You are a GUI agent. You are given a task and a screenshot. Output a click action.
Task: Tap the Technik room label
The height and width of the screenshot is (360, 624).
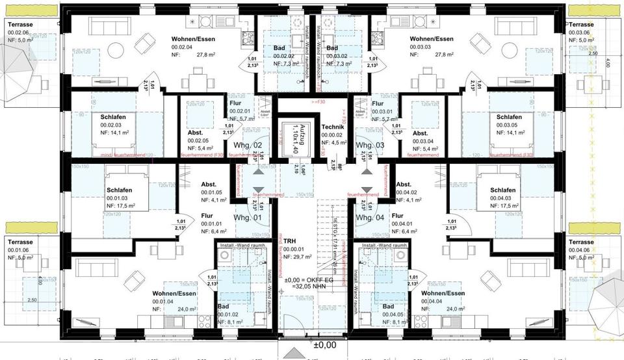click(332, 127)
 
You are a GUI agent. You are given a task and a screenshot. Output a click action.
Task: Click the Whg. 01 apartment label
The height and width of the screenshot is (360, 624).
click(248, 217)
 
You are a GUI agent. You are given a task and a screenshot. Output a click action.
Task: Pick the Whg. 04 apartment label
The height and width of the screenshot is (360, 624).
click(370, 217)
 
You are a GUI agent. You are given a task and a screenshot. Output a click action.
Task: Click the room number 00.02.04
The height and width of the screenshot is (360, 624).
click(165, 47)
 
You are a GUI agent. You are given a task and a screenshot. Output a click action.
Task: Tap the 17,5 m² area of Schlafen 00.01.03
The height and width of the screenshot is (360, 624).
click(122, 205)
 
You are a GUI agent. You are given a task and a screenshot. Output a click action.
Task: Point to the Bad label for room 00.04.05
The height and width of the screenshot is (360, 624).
click(388, 307)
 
